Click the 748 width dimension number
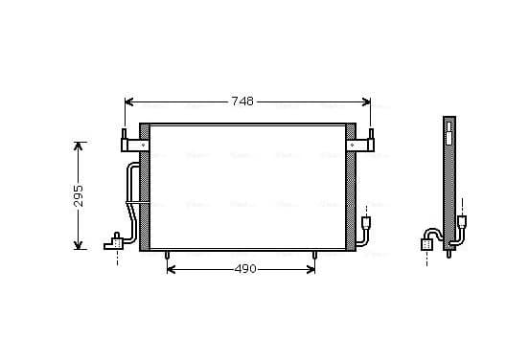(x=242, y=101)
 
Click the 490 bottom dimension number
(x=245, y=269)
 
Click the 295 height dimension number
(x=79, y=196)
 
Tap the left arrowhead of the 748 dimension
(x=128, y=101)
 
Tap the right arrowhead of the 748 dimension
(x=366, y=101)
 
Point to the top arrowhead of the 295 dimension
(x=79, y=146)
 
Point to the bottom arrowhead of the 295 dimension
(x=79, y=245)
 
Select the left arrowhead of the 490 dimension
(x=171, y=269)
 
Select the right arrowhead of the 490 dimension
(x=310, y=269)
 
